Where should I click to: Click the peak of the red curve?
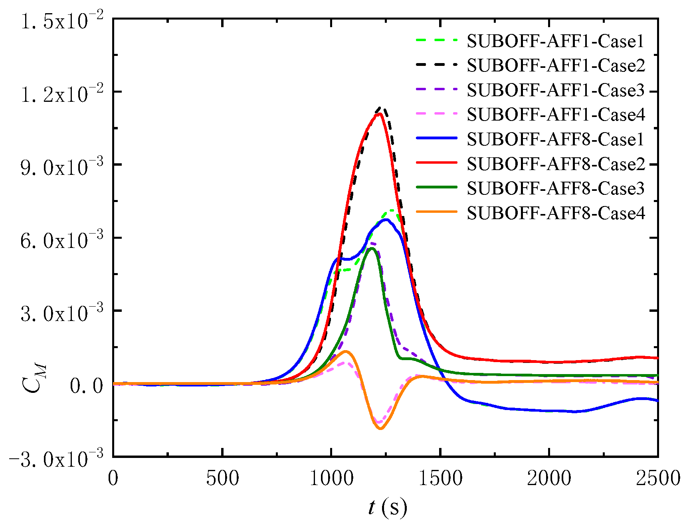(x=380, y=114)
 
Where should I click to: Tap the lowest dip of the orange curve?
(x=380, y=429)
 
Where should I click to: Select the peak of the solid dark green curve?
(x=372, y=248)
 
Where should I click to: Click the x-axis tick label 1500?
(x=440, y=478)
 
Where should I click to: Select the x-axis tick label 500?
(x=222, y=478)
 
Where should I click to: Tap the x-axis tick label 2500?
(x=657, y=478)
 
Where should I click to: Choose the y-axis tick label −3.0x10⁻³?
(x=56, y=458)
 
